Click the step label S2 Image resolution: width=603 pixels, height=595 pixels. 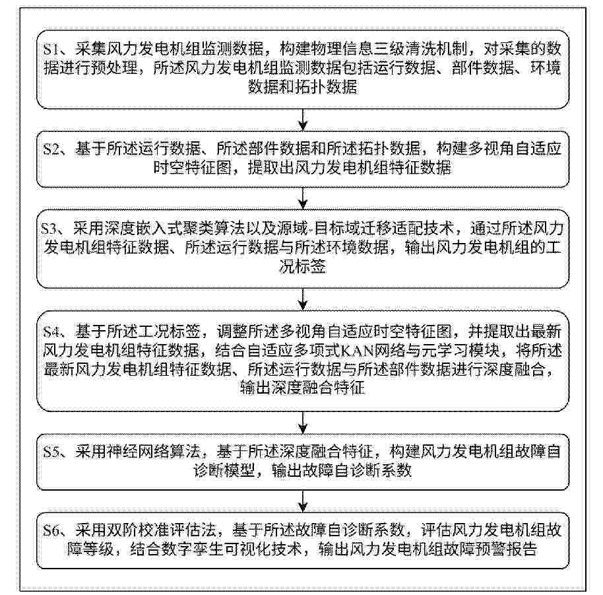[51, 149]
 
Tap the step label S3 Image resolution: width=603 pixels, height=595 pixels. [49, 228]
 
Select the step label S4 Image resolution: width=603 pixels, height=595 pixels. [51, 332]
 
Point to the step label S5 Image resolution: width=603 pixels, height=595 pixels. [51, 452]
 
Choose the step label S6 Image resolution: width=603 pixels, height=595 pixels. [51, 530]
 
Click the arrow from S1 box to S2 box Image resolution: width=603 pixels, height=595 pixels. [303, 120]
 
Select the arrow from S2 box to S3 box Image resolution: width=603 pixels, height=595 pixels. [303, 199]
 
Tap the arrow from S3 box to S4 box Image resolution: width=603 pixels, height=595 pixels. [303, 299]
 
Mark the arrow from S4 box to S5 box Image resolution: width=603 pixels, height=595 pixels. [303, 423]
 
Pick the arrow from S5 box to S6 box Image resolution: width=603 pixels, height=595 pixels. [303, 501]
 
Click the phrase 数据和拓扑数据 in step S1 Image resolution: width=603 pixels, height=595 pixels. [303, 87]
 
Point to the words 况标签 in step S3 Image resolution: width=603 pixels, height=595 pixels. [303, 267]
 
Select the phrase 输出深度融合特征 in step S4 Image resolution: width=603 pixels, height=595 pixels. [303, 388]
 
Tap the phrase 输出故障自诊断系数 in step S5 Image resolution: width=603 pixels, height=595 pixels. [342, 470]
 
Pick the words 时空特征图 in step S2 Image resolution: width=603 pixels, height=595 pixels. [192, 168]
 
